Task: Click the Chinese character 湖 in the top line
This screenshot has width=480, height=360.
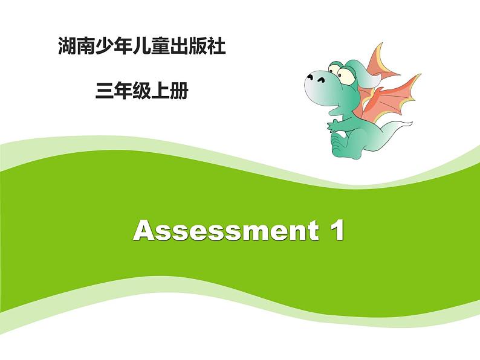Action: click(66, 47)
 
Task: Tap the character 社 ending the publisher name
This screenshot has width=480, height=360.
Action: click(218, 47)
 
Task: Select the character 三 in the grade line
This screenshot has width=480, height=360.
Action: click(103, 91)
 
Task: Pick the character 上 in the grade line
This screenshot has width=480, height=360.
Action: click(161, 91)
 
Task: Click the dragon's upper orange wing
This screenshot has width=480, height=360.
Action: click(381, 60)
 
